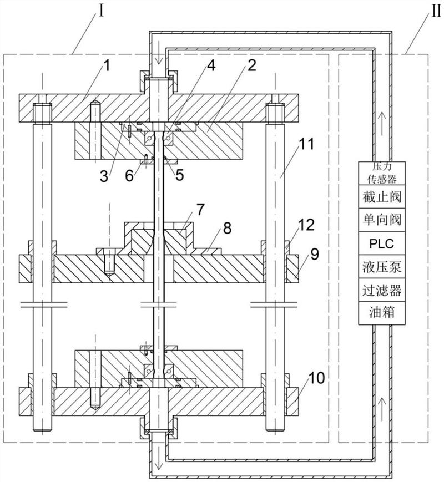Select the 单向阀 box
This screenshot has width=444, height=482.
click(381, 220)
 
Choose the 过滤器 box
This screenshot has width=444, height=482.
click(381, 290)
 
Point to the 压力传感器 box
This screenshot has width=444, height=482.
click(381, 172)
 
